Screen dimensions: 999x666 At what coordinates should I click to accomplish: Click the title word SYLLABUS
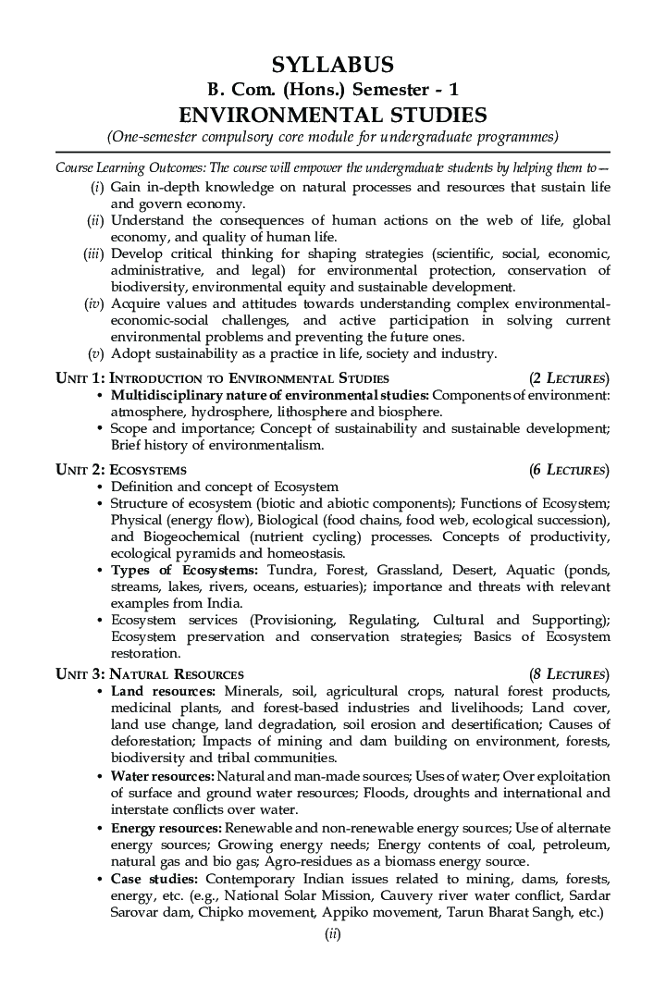(x=332, y=65)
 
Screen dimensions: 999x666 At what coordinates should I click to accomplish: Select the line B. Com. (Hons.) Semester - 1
(x=332, y=90)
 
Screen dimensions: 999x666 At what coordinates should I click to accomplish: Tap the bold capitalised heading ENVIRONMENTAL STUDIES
(x=332, y=115)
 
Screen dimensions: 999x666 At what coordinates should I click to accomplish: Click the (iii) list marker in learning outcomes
(x=93, y=253)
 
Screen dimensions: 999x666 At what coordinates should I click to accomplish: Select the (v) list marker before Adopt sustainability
(x=95, y=353)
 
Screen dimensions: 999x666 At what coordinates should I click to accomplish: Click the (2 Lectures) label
(x=569, y=378)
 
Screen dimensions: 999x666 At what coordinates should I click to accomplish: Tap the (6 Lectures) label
(x=569, y=470)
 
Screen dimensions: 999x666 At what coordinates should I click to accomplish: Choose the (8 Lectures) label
(x=569, y=674)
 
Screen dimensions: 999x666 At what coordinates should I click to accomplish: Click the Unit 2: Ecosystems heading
(x=121, y=470)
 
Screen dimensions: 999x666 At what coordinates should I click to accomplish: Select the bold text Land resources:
(x=163, y=692)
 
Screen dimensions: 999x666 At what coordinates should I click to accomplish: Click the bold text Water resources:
(x=163, y=776)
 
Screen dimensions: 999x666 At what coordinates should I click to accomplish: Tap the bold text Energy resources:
(x=166, y=827)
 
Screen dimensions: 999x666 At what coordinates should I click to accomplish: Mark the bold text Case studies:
(x=154, y=878)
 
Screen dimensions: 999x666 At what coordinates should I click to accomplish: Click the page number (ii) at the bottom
(x=333, y=934)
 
